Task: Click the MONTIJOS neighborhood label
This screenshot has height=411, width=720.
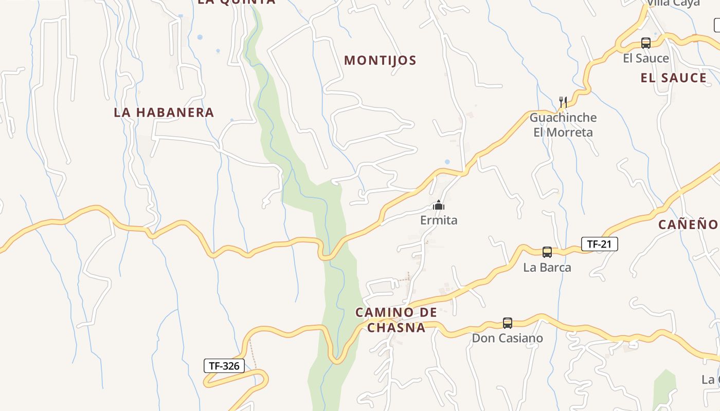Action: [x=380, y=61]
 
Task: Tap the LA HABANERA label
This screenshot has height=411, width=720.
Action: [x=164, y=113]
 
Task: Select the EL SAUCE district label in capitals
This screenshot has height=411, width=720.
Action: [x=673, y=78]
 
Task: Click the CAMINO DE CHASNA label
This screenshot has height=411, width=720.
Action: [x=396, y=320]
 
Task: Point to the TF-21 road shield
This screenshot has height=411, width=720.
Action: [x=599, y=244]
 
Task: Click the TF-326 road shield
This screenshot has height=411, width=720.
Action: [x=224, y=366]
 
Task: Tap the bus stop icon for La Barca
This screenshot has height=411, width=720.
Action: [x=547, y=252]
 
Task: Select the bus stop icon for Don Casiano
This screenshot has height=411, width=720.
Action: [x=508, y=323]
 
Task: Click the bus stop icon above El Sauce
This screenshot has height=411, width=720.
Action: [x=646, y=43]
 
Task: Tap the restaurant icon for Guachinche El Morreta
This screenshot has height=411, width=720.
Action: [x=563, y=101]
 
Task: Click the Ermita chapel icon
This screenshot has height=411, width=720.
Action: [x=438, y=206]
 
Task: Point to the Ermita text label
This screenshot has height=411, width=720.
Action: [x=439, y=220]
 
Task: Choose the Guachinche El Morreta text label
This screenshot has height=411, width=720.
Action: [x=563, y=125]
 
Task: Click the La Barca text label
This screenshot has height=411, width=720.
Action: [x=547, y=268]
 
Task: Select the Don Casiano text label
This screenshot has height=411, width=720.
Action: [x=508, y=339]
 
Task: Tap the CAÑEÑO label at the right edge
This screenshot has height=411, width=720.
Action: [x=688, y=225]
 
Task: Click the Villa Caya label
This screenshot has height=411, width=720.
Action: [x=673, y=3]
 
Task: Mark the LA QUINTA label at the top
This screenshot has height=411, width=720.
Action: [x=237, y=2]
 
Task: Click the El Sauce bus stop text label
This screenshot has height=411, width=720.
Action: [x=646, y=59]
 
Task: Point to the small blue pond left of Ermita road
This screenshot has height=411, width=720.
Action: [x=447, y=162]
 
